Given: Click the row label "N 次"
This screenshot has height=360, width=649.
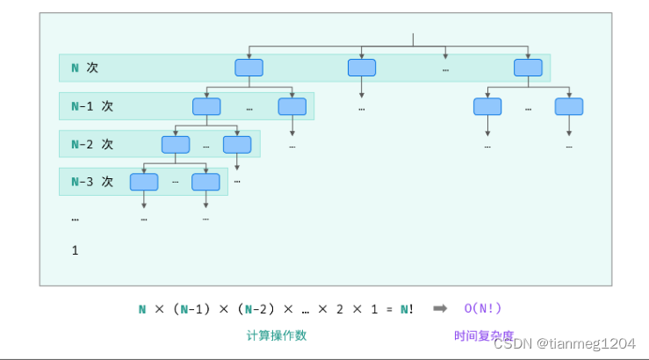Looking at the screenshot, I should tap(84, 68).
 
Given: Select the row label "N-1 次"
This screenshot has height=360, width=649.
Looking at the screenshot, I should tap(92, 106).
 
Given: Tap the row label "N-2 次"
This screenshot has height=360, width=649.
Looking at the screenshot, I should tap(92, 144).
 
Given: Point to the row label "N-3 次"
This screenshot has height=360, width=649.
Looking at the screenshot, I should tap(92, 182).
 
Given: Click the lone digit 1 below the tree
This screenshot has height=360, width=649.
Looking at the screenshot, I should tap(76, 250).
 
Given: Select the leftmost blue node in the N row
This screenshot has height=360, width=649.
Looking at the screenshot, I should tap(249, 68).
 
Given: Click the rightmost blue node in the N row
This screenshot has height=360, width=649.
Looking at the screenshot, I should tap(528, 68).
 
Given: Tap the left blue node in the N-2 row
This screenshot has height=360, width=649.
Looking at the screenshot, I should tap(176, 144).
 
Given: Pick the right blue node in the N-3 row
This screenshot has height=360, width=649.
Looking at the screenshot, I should tap(206, 182).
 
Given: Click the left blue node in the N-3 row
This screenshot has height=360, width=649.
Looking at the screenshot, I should tap(144, 182).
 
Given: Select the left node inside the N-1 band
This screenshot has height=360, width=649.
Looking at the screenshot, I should tap(206, 106).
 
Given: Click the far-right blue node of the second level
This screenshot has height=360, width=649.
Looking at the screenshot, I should tap(568, 106).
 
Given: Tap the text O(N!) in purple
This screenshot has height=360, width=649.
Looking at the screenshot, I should tap(483, 308).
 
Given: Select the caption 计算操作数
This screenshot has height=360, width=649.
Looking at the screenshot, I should tap(277, 335).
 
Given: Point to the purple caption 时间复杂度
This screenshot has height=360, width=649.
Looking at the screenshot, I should tap(484, 335).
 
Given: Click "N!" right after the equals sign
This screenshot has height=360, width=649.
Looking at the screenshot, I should tap(407, 308).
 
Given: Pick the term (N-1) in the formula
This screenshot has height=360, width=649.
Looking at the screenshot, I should tap(191, 308).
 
